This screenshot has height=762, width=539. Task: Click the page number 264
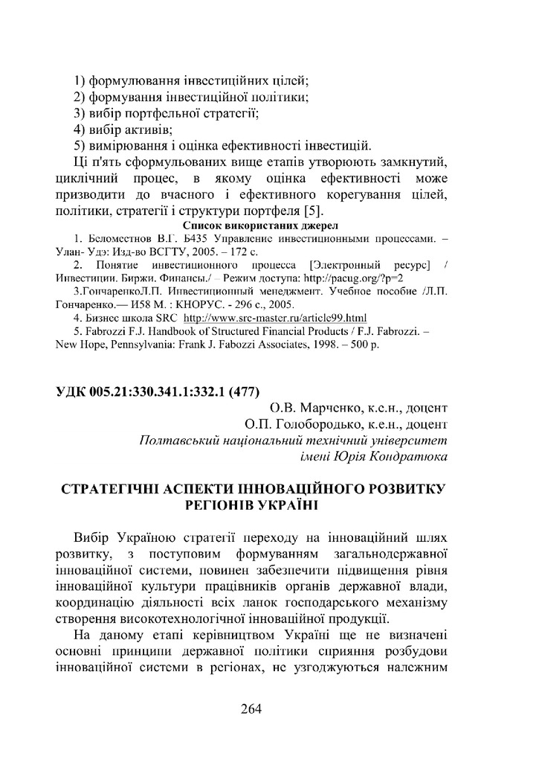coord(251,708)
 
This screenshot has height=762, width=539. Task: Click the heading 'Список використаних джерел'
coord(259,225)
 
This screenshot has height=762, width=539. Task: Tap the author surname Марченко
coord(332,408)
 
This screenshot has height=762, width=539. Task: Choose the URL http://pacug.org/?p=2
coord(362,277)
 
